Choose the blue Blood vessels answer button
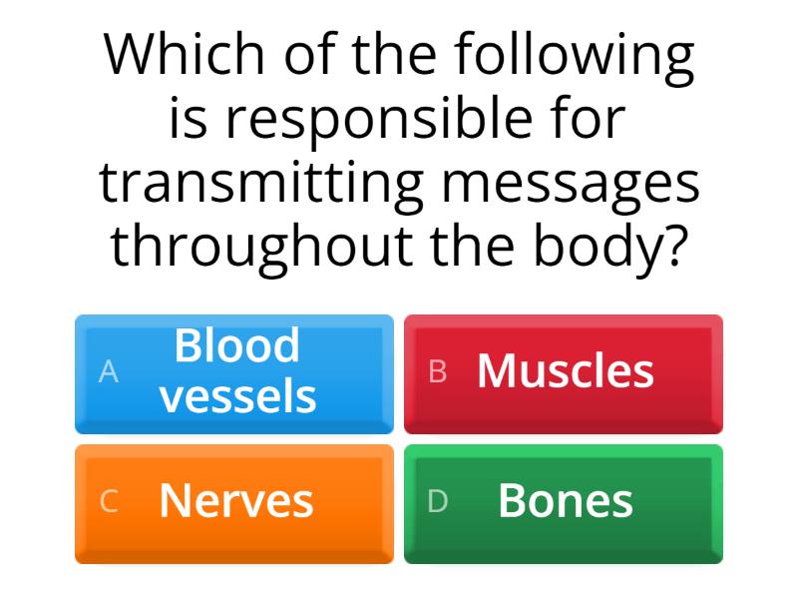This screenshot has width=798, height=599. pos(234,373)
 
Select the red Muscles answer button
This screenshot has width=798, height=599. pos(564,373)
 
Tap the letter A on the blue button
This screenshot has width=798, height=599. pos(109,371)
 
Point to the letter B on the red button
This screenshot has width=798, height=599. pos(438,371)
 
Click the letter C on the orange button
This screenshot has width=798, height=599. pos(109,501)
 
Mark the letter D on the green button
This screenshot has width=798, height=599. pos(438,501)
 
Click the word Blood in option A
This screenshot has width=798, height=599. pos(237,345)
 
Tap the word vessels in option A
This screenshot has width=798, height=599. pos(238,396)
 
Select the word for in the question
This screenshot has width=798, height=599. pos(593,120)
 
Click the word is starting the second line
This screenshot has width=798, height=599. pos(187,120)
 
